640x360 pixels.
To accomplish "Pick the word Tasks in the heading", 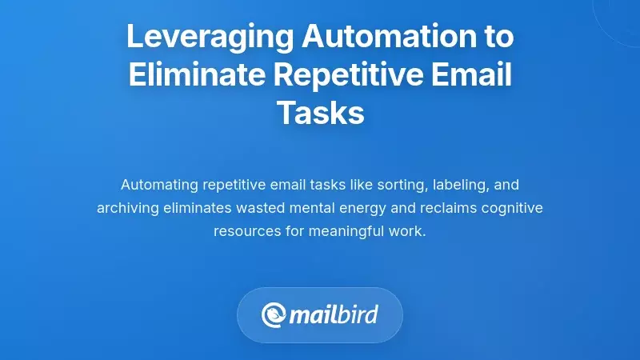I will (x=320, y=113).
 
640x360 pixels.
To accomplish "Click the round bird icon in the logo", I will (x=274, y=315).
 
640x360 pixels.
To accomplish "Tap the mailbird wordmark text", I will (x=334, y=315).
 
